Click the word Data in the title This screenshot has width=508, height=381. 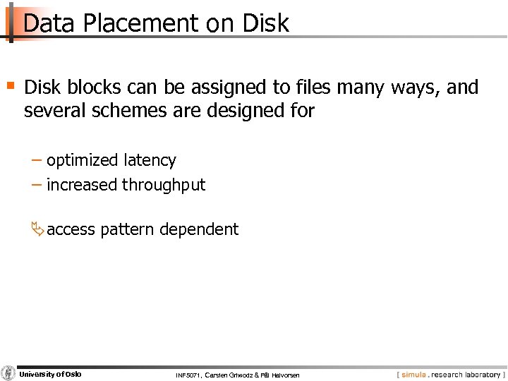[49, 23]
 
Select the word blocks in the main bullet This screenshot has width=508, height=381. [94, 87]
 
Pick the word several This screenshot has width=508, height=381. [54, 111]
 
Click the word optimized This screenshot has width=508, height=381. [83, 161]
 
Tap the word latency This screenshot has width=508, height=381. [150, 161]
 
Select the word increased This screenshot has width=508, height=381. [82, 185]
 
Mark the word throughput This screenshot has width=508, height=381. [164, 186]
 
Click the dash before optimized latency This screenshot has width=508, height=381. [37, 160]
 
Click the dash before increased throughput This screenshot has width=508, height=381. [37, 184]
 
